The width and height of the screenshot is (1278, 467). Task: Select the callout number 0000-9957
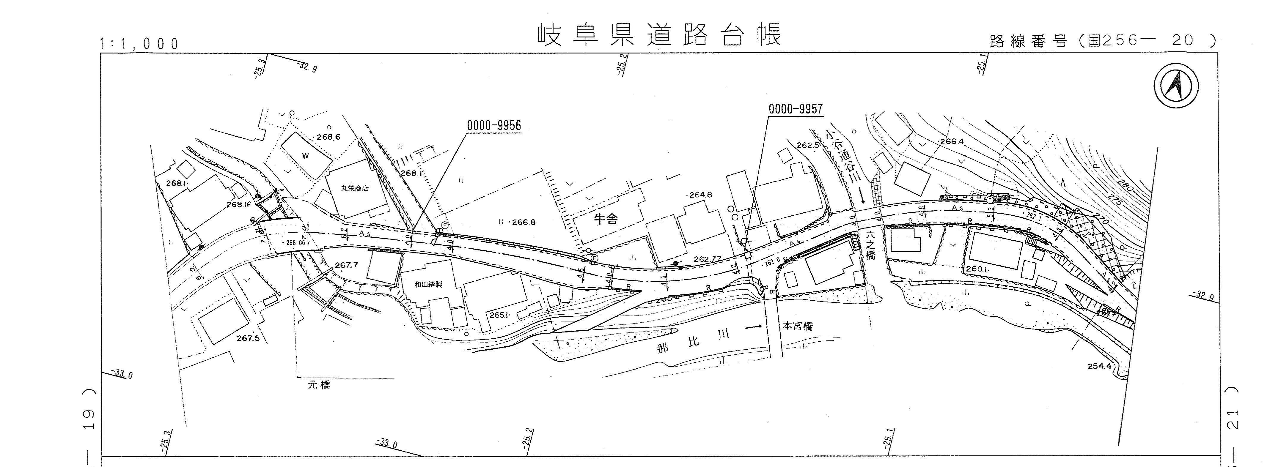pyautogui.click(x=795, y=109)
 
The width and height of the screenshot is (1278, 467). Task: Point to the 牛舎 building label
pyautogui.click(x=606, y=219)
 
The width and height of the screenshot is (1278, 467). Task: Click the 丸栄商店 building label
pyautogui.click(x=355, y=188)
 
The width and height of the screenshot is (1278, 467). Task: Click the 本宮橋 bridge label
pyautogui.click(x=798, y=326)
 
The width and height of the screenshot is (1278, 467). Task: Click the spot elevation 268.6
pyautogui.click(x=328, y=137)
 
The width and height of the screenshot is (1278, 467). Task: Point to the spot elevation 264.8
pyautogui.click(x=700, y=195)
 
